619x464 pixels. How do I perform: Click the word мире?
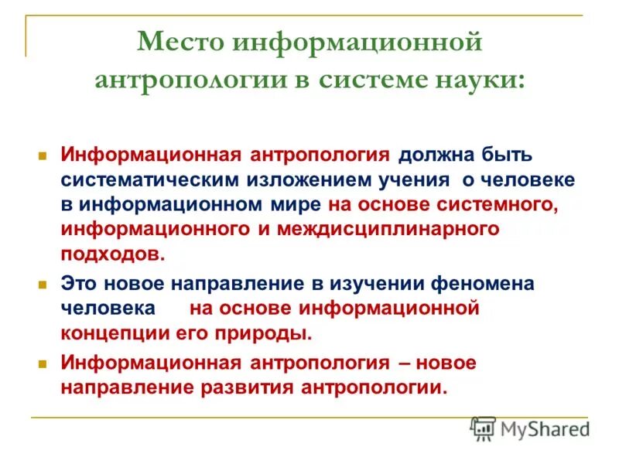coord(297,205)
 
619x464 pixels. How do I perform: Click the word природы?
coord(270,333)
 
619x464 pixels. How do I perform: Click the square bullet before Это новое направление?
coord(44,284)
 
